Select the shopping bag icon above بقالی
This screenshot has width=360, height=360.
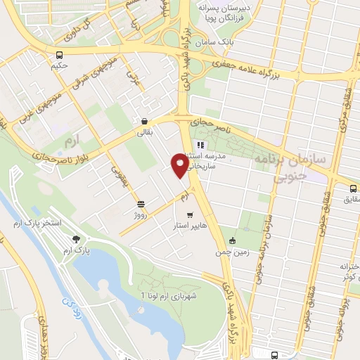[144, 120]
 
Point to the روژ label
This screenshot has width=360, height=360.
[140, 214]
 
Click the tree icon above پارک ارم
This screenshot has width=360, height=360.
[77, 240]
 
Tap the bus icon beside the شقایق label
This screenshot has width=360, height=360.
[354, 188]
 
